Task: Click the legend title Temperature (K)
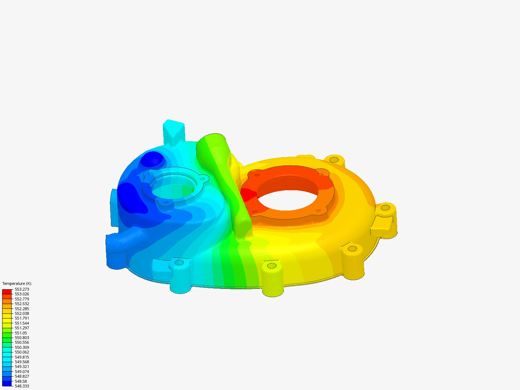point(17,283)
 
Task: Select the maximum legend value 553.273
point(22,289)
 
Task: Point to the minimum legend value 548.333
point(22,386)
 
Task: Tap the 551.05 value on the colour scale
point(21,333)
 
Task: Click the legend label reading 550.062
point(22,352)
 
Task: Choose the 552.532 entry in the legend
point(22,304)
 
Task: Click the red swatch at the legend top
point(7,291)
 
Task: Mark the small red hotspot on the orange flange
point(247,195)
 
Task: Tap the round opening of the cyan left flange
point(173,188)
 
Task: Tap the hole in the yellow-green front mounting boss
point(272,266)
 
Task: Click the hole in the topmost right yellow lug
point(334,159)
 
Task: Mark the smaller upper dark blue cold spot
point(152,159)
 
